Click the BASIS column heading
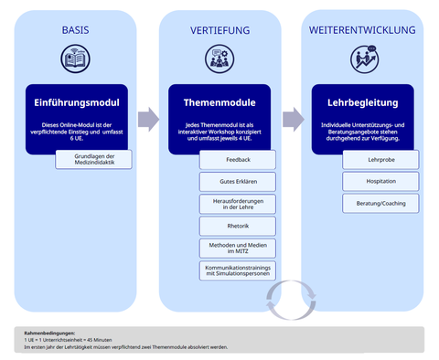(75, 30)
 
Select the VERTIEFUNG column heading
(219, 30)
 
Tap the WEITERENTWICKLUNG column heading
(363, 30)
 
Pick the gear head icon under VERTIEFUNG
(219, 59)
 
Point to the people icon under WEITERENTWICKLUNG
(363, 59)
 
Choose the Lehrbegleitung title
(363, 102)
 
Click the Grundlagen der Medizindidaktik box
(93, 159)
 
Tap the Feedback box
(237, 159)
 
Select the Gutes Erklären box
(237, 181)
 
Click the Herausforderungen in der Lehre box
(237, 203)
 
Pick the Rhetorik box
(237, 225)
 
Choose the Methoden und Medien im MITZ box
(237, 248)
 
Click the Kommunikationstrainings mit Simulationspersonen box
(237, 270)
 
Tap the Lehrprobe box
(380, 159)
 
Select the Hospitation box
(380, 181)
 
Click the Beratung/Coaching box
(380, 203)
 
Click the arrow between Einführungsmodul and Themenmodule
(147, 119)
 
